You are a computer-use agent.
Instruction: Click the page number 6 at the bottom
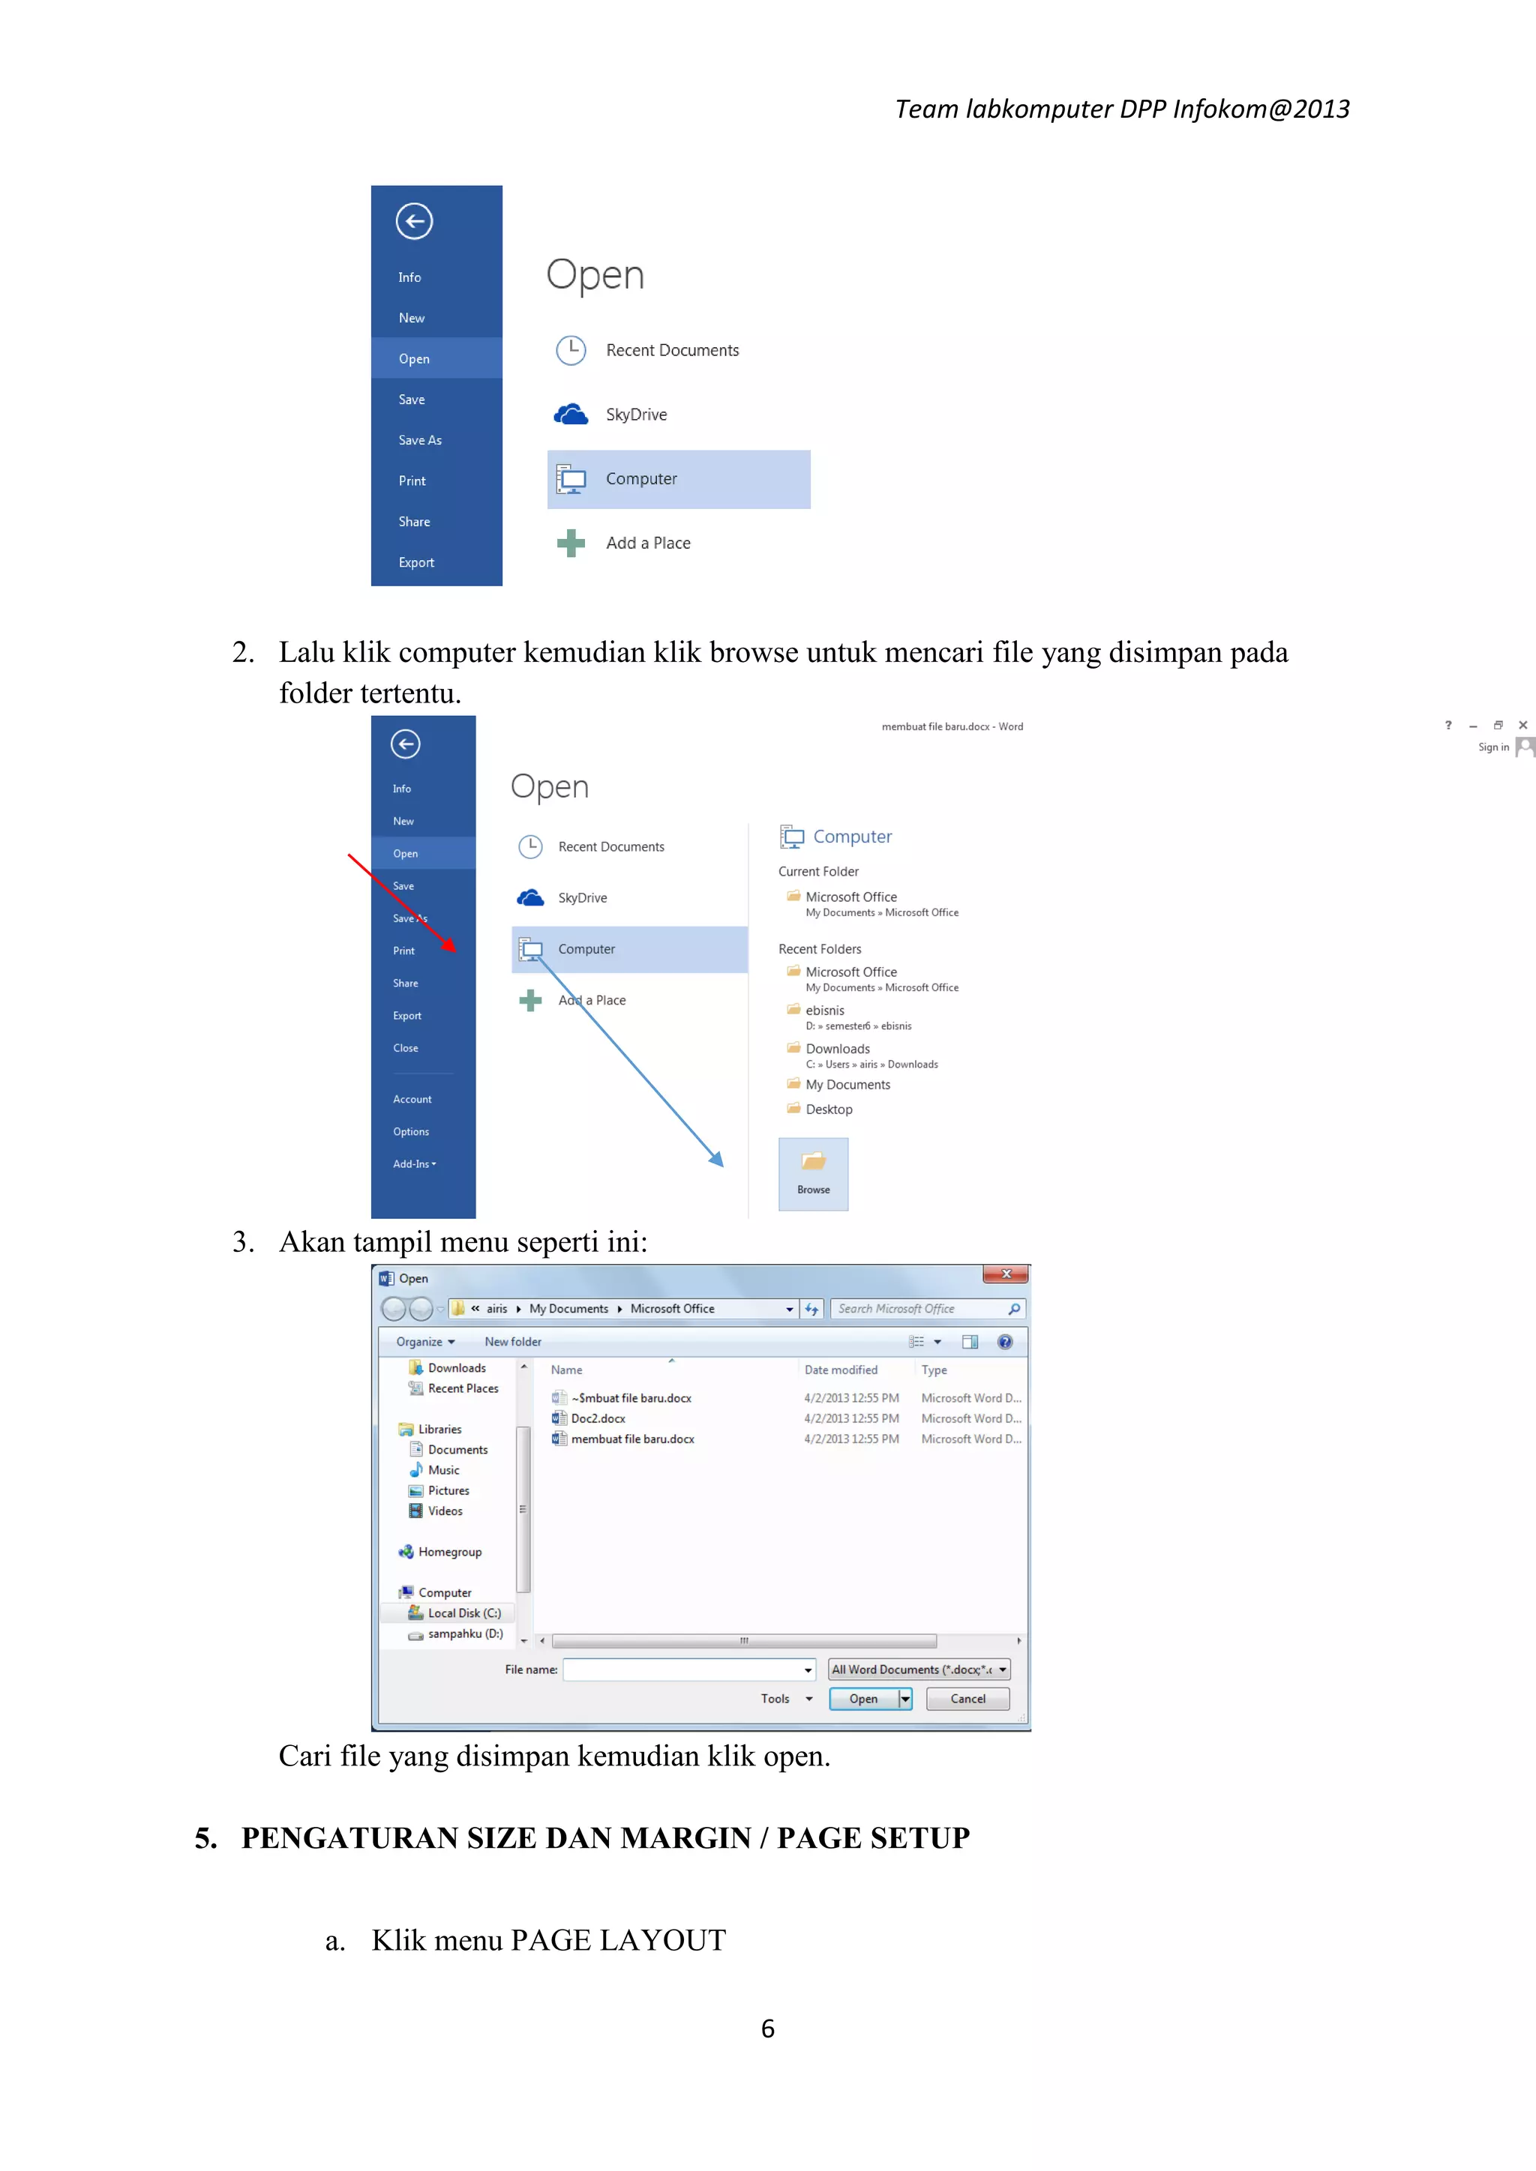click(x=767, y=2029)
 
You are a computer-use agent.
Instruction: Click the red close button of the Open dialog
click(x=1006, y=1274)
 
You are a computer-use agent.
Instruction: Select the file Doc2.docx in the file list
click(x=598, y=1418)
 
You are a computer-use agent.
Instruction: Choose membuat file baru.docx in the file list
click(x=631, y=1439)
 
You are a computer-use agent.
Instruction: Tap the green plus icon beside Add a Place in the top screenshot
click(x=570, y=543)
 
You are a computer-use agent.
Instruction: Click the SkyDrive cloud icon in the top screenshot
click(x=570, y=414)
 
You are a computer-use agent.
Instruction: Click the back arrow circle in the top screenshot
click(x=414, y=221)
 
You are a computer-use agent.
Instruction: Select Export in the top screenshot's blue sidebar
click(x=416, y=562)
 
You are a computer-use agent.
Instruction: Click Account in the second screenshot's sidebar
click(x=412, y=1100)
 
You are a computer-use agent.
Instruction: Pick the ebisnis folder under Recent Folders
click(x=825, y=1011)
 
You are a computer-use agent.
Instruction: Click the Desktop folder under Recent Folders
click(x=829, y=1109)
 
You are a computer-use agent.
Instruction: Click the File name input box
click(x=685, y=1669)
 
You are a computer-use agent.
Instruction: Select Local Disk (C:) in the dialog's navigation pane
click(x=463, y=1613)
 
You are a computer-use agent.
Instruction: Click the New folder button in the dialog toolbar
click(x=513, y=1342)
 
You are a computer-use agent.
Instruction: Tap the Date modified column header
click(x=841, y=1370)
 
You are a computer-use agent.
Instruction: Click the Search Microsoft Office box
click(x=917, y=1309)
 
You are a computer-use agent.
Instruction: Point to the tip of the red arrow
click(x=456, y=951)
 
